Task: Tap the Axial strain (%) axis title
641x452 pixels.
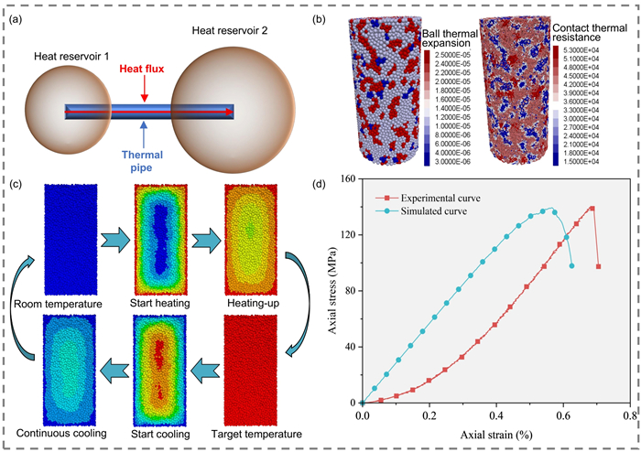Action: click(x=494, y=434)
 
